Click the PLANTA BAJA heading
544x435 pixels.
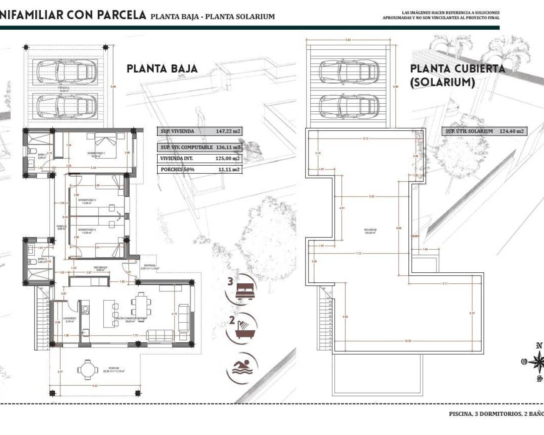(x=162, y=69)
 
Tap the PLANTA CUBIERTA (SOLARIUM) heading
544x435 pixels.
(x=457, y=75)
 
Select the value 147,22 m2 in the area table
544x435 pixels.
(x=227, y=131)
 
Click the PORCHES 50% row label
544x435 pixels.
(x=177, y=169)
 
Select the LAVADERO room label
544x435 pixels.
(x=69, y=318)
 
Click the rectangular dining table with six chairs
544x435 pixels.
(x=140, y=305)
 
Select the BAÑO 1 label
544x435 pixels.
(x=42, y=155)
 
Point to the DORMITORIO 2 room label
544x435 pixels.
(x=89, y=200)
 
